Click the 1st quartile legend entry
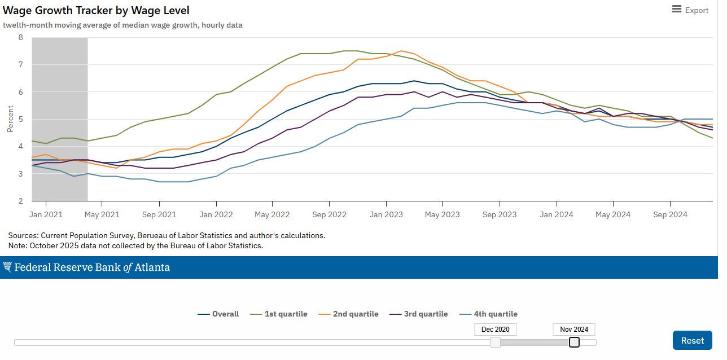(279, 314)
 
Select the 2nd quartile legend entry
(349, 314)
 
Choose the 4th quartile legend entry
(489, 314)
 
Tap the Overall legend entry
(219, 314)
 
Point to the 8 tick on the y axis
(21, 38)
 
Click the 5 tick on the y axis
(21, 120)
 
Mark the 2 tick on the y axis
(21, 201)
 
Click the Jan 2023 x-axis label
(386, 214)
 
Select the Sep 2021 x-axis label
(159, 214)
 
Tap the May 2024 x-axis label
(613, 214)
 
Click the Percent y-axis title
(10, 119)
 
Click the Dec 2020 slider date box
(495, 330)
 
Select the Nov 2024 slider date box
(574, 330)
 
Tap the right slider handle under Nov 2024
(574, 342)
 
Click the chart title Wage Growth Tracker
(97, 10)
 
